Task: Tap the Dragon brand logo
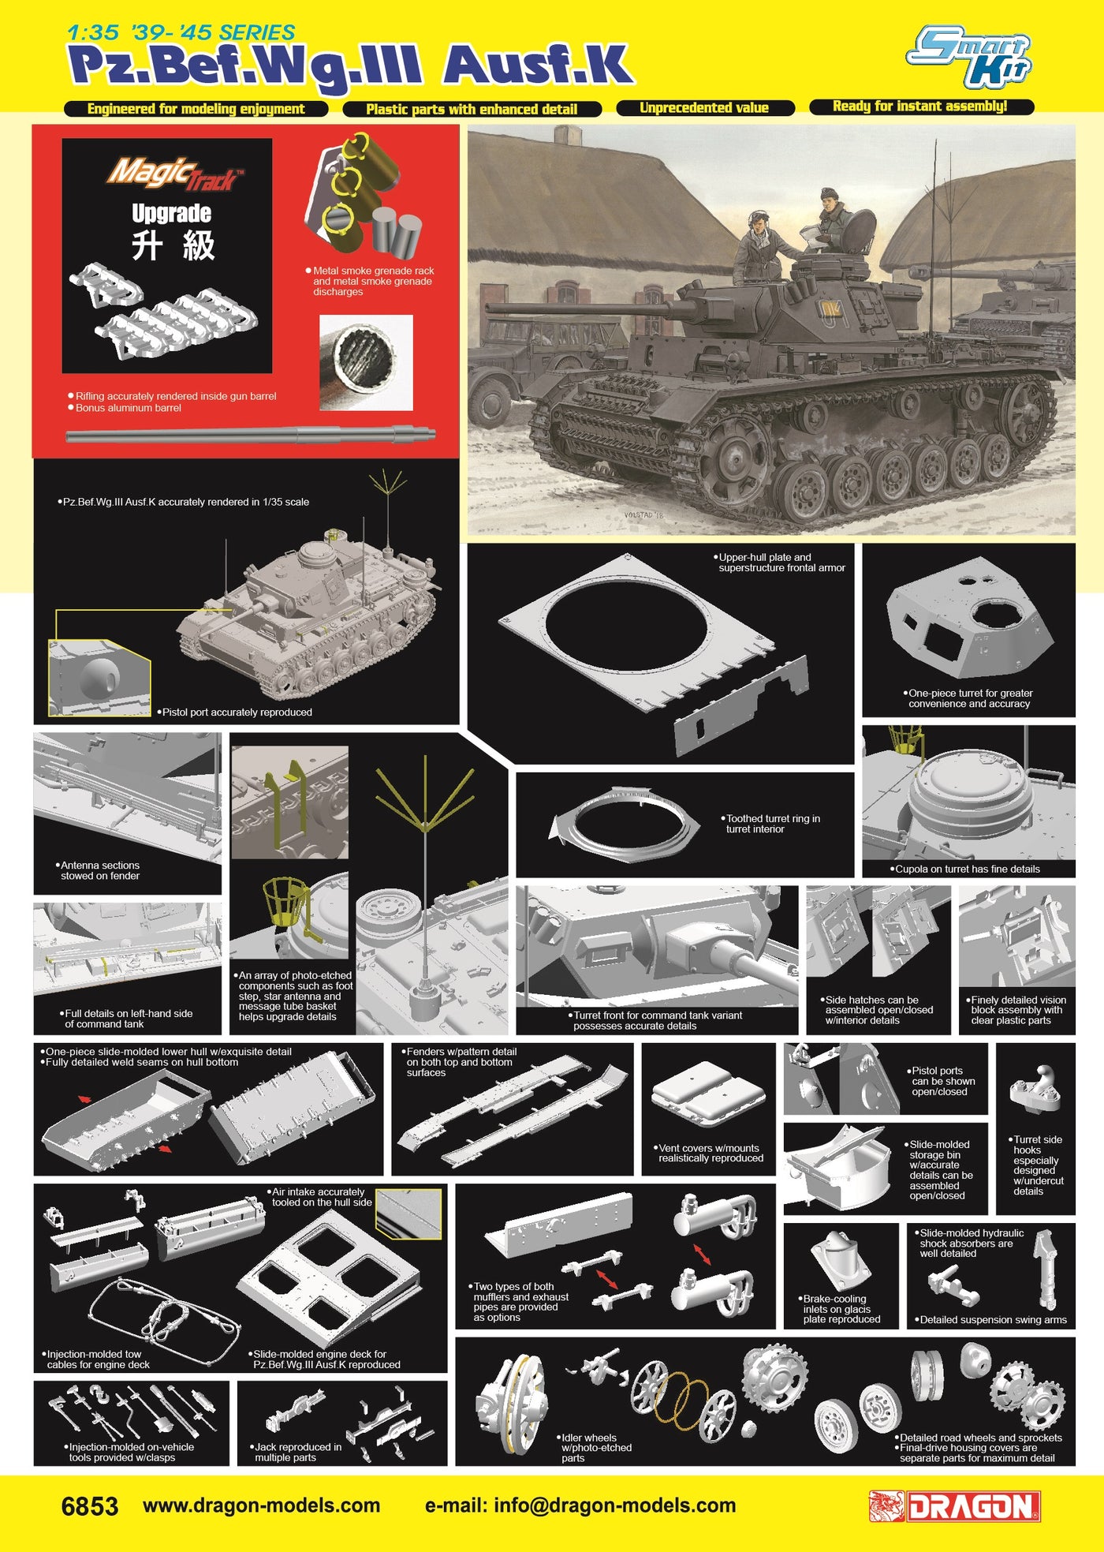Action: pos(955,1506)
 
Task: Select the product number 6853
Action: pos(90,1506)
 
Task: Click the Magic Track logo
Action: pos(175,174)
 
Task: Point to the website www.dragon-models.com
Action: pos(262,1505)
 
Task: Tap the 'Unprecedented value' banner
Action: pos(704,108)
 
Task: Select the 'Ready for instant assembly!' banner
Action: pos(920,107)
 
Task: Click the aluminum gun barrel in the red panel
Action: pos(251,434)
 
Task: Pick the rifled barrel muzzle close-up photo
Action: pos(366,363)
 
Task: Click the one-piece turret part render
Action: pos(969,617)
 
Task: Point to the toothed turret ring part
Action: pos(625,824)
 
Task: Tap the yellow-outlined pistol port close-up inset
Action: pos(99,678)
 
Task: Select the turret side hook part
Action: pos(1035,1090)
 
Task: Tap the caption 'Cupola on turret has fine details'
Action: pos(968,869)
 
